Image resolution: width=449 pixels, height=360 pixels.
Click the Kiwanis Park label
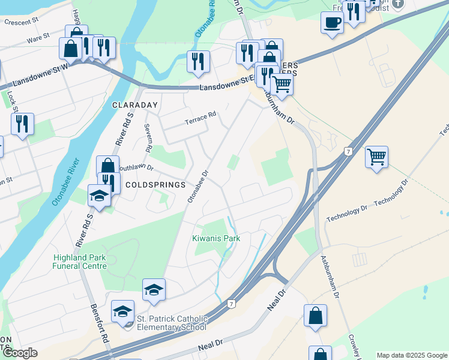tap(216, 238)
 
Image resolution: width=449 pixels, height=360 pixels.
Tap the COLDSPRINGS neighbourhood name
tap(156, 185)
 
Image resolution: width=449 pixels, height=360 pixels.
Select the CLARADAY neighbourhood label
tap(134, 105)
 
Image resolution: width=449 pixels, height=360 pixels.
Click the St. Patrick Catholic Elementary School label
tap(172, 323)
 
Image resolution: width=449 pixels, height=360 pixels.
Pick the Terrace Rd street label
tap(200, 117)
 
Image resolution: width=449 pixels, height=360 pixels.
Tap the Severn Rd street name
tap(148, 137)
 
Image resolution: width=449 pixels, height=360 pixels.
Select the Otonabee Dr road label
tap(197, 186)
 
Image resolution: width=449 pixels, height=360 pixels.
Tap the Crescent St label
tap(21, 22)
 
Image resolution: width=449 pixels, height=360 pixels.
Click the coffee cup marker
tap(331, 23)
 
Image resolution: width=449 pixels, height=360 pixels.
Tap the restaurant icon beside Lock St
tap(22, 124)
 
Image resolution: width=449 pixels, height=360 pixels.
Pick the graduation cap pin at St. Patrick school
tap(123, 311)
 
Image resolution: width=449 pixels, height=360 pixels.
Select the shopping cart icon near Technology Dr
tap(376, 157)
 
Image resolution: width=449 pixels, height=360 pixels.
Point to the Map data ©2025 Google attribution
tap(412, 355)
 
